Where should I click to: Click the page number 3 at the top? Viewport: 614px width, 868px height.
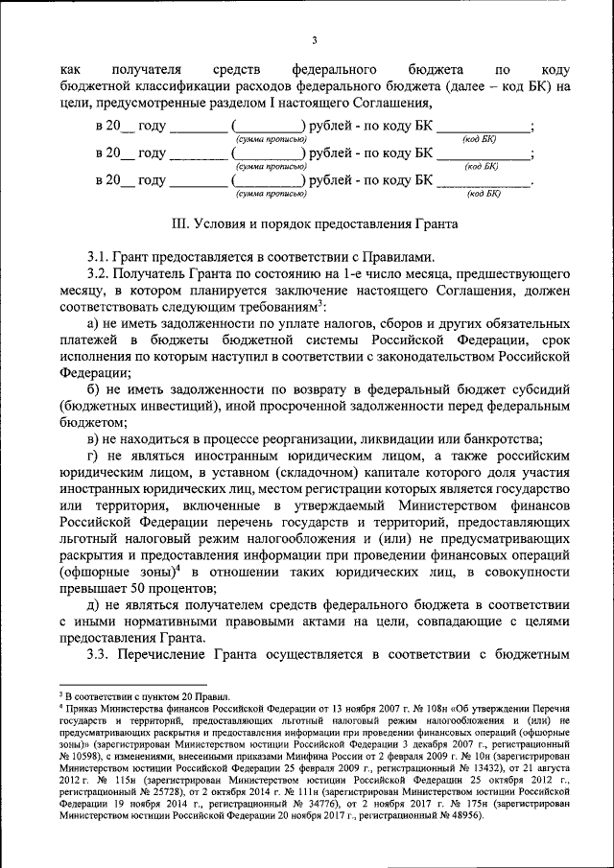tap(314, 38)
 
